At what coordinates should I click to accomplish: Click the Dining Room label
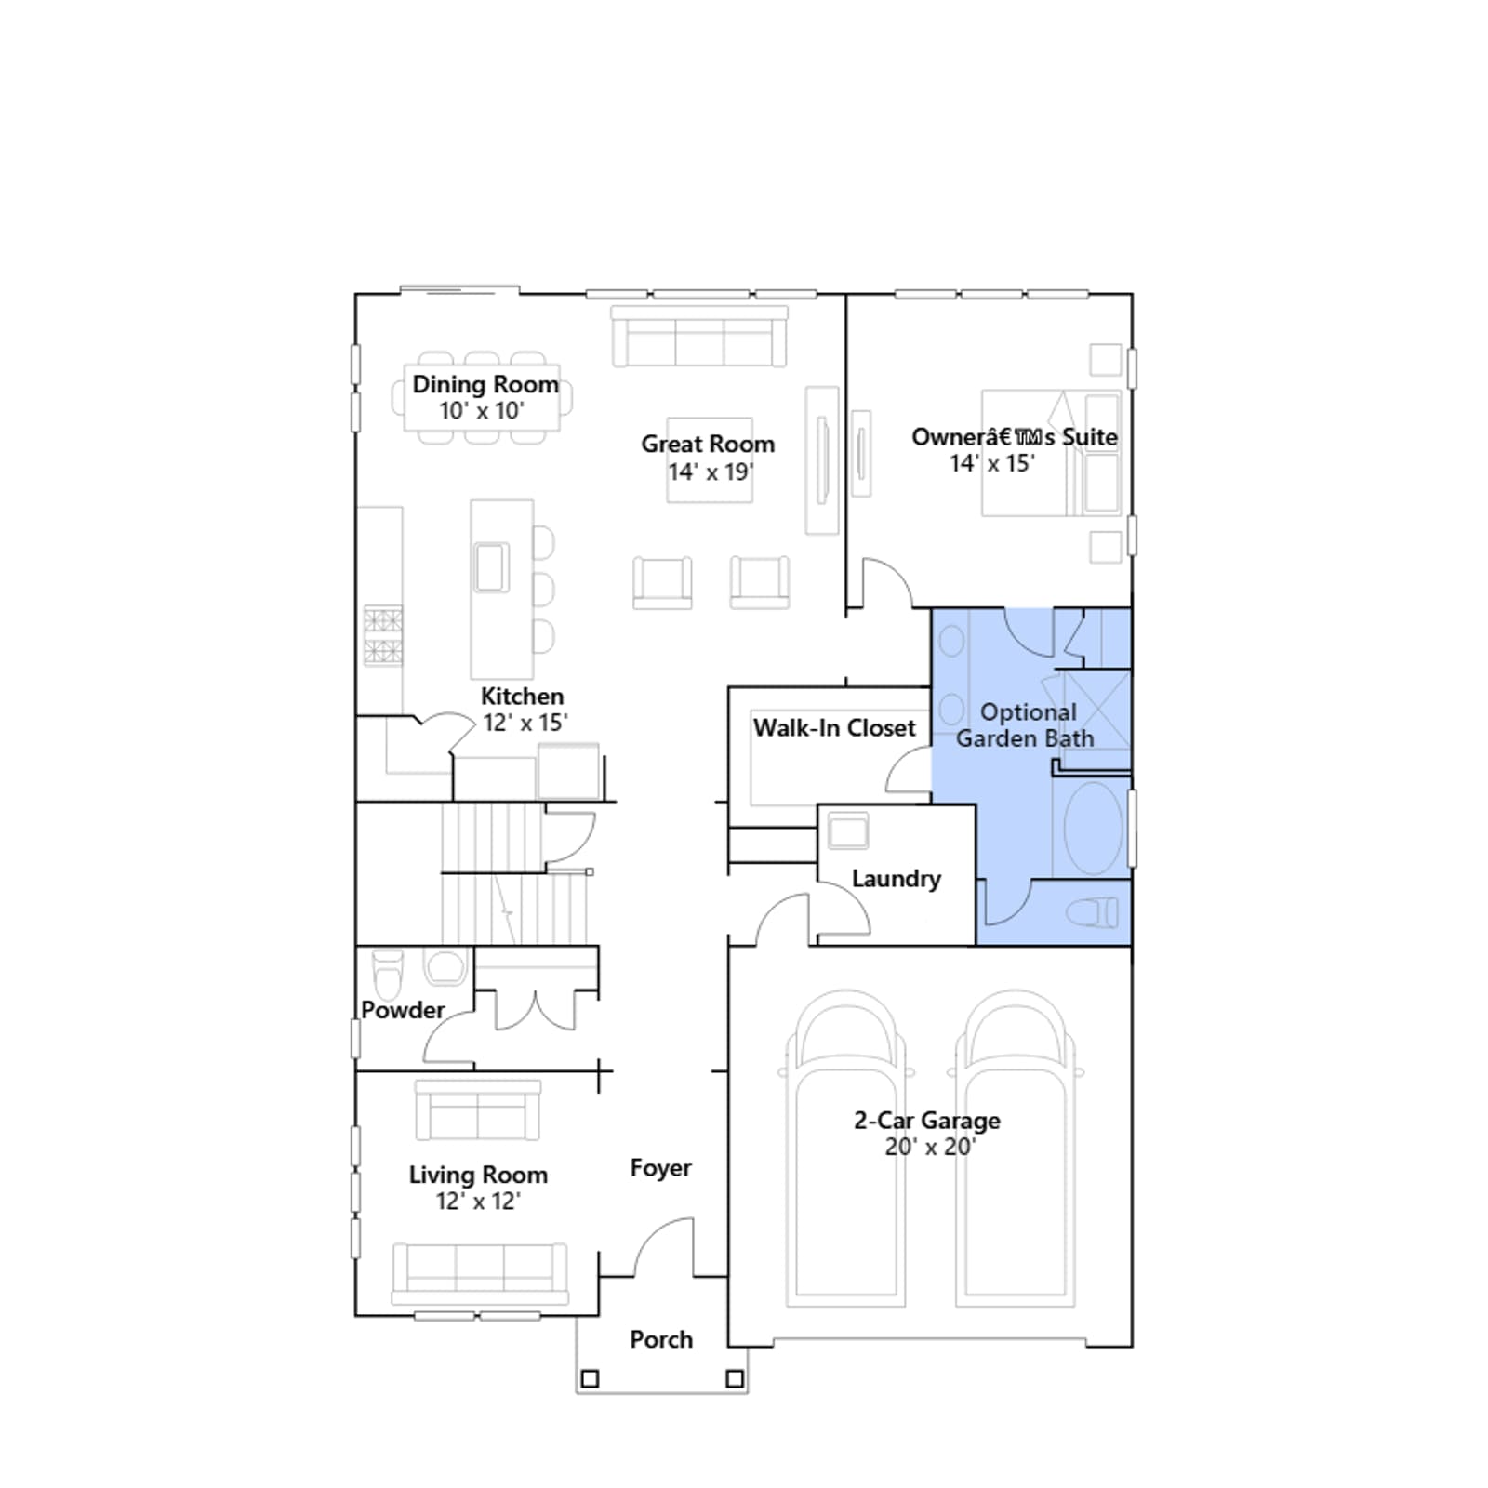pos(485,384)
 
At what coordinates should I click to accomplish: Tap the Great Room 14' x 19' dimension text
pos(711,472)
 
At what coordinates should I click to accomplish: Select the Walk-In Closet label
pos(834,727)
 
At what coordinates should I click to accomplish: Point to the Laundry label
pos(896,879)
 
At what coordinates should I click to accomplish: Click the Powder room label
pos(403,1010)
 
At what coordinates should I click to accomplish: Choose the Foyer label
pos(660,1168)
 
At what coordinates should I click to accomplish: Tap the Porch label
pos(661,1339)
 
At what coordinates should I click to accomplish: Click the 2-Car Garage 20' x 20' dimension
pos(929,1147)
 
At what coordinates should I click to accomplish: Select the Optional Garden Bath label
pos(1026,725)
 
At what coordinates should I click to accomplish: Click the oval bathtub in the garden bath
pos(1093,828)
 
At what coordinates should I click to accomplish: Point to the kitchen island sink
pos(491,567)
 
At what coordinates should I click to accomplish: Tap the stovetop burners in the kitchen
pos(383,635)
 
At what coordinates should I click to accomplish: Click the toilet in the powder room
pos(388,973)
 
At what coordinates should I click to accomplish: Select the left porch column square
pos(590,1379)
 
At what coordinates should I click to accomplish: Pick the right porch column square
pos(735,1379)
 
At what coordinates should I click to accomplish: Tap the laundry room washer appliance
pos(848,830)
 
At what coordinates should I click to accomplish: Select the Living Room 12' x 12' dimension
pos(478,1202)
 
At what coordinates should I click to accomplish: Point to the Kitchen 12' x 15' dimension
pos(525,723)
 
